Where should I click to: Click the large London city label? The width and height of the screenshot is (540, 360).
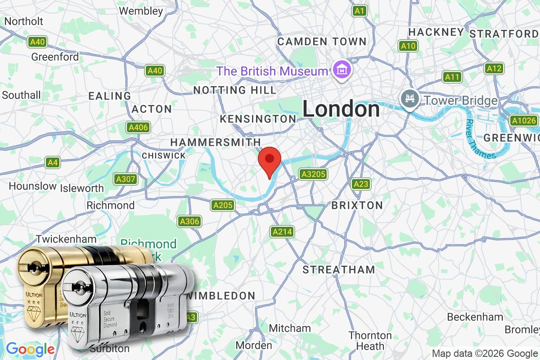pyautogui.click(x=341, y=109)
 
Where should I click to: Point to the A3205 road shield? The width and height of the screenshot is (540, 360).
pyautogui.click(x=313, y=174)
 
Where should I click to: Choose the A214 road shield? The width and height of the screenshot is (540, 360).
pyautogui.click(x=283, y=232)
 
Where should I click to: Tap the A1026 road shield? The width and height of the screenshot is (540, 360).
pyautogui.click(x=524, y=120)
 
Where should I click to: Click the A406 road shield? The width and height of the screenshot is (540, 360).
pyautogui.click(x=138, y=127)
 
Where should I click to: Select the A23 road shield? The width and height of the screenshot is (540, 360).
pyautogui.click(x=361, y=184)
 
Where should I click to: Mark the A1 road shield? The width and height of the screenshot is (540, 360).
pyautogui.click(x=359, y=10)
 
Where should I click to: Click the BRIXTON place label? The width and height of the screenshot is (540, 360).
pyautogui.click(x=357, y=205)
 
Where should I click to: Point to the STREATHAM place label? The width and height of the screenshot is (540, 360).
pyautogui.click(x=338, y=270)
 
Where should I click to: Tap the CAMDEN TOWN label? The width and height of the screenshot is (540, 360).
pyautogui.click(x=322, y=41)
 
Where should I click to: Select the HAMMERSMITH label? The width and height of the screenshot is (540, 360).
pyautogui.click(x=216, y=142)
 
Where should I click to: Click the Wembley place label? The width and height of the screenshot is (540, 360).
pyautogui.click(x=141, y=10)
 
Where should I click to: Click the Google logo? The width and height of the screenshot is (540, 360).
pyautogui.click(x=30, y=349)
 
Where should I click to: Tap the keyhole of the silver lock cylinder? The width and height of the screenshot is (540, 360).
pyautogui.click(x=79, y=286)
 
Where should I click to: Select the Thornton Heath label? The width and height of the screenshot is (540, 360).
pyautogui.click(x=370, y=341)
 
